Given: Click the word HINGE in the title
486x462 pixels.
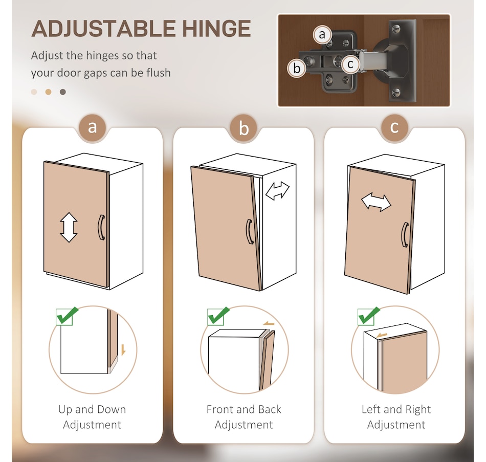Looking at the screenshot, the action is pos(216,29).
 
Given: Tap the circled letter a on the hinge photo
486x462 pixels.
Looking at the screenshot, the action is pos(322,34).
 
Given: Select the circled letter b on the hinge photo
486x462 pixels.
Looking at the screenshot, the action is pos(297,68).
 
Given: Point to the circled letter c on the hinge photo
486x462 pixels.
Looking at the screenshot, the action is pos(350,64).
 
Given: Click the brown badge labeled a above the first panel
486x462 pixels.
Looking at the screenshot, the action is pos(92,127).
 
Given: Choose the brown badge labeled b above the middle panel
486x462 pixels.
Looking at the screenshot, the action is pos(244,127).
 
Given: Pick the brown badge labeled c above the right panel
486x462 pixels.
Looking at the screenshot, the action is pos(394,127).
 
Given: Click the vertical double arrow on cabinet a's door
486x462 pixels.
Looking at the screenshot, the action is pos(69,227).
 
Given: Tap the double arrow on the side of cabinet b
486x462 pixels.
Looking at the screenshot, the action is pos(277,191).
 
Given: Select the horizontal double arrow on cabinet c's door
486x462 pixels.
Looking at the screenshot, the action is pos(376,203).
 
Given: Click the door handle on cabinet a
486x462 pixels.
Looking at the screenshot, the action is pos(101,227).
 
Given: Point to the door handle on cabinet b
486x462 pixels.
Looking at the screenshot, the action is pos(250,232).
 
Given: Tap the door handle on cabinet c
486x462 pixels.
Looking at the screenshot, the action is pos(405,235).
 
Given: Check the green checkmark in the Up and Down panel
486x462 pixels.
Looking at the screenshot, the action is pos(67,316).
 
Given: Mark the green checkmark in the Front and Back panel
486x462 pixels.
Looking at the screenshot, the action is pos(218,315).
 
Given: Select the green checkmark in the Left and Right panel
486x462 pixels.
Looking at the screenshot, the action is pos(369,315).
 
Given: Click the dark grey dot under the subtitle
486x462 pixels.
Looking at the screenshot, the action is pos(63,92).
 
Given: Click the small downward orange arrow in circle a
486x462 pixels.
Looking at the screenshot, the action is pos(123,350).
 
